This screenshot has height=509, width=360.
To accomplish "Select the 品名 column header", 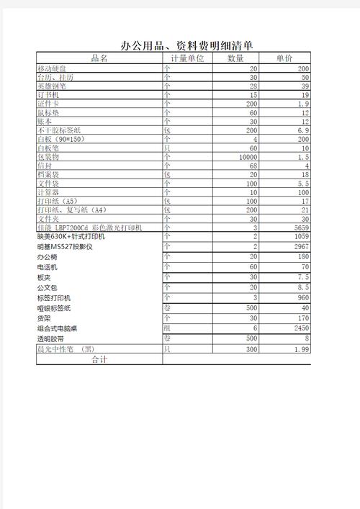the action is tap(99, 58).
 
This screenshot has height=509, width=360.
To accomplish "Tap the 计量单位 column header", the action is tap(187, 58).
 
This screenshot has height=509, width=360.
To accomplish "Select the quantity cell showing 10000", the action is tap(244, 157).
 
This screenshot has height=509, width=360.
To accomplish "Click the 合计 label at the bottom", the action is tap(99, 359).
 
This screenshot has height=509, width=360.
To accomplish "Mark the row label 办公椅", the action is tap(46, 257).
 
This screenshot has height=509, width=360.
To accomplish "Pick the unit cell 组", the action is tap(167, 328).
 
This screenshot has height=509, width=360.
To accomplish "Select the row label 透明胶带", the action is tap(50, 338).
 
